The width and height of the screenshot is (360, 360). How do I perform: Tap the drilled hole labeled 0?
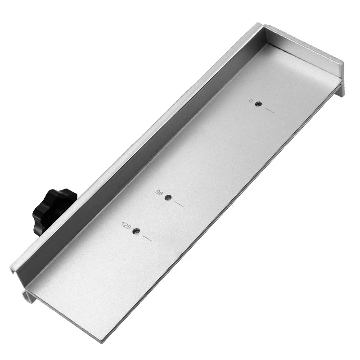[x=258, y=104]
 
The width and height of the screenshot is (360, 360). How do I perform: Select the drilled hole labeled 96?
[x=168, y=198]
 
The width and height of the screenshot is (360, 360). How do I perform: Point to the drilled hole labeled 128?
[x=136, y=232]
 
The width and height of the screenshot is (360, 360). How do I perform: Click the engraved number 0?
[x=251, y=101]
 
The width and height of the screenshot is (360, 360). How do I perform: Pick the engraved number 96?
[x=159, y=193]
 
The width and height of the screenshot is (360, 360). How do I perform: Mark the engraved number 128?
[x=126, y=226]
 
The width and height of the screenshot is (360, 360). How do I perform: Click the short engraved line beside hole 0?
[x=269, y=110]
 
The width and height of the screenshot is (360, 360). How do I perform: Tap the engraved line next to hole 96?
[x=179, y=204]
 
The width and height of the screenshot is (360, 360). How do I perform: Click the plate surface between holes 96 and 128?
[x=152, y=215]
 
